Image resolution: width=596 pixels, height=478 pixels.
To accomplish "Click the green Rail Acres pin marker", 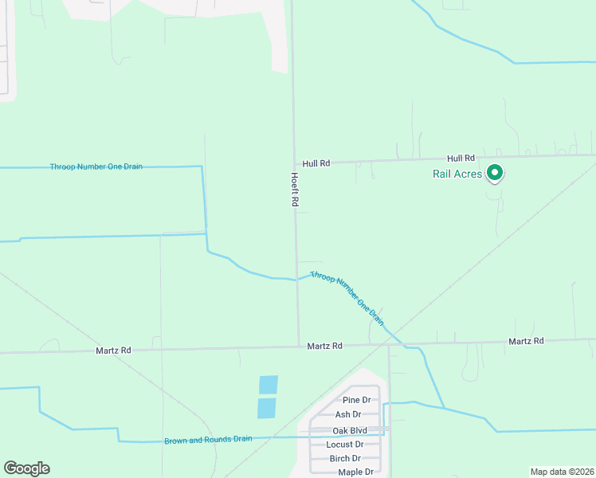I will pyautogui.click(x=494, y=172).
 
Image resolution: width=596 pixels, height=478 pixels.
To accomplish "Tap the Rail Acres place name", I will pyautogui.click(x=457, y=174).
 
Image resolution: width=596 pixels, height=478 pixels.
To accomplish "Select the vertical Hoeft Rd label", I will pyautogui.click(x=294, y=190).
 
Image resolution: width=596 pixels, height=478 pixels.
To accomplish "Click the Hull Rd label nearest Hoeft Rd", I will pyautogui.click(x=316, y=163).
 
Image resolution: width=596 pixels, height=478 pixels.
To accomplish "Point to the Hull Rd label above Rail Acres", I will pyautogui.click(x=461, y=159).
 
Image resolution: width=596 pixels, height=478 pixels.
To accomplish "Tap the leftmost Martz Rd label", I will pyautogui.click(x=113, y=350).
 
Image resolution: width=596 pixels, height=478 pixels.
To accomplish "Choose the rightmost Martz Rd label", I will pyautogui.click(x=526, y=341).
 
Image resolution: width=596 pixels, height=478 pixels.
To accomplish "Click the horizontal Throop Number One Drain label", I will pyautogui.click(x=96, y=167).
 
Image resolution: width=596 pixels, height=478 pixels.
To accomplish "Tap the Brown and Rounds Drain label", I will pyautogui.click(x=208, y=440).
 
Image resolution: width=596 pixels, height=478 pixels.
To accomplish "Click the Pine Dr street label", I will pyautogui.click(x=356, y=400).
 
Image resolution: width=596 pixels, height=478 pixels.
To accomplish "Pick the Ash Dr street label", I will pyautogui.click(x=348, y=414).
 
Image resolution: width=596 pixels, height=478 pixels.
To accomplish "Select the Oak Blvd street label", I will pyautogui.click(x=350, y=430).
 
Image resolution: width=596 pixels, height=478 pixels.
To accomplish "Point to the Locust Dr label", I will pyautogui.click(x=345, y=445).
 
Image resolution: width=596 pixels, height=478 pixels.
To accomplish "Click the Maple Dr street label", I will pyautogui.click(x=355, y=472).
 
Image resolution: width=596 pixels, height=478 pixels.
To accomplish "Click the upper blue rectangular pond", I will pyautogui.click(x=269, y=385).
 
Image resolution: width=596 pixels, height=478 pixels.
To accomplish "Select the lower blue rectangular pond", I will pyautogui.click(x=266, y=408).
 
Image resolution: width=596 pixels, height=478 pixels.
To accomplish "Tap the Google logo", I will pyautogui.click(x=26, y=468).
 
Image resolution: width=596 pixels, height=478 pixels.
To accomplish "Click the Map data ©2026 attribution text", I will pyautogui.click(x=561, y=472).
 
